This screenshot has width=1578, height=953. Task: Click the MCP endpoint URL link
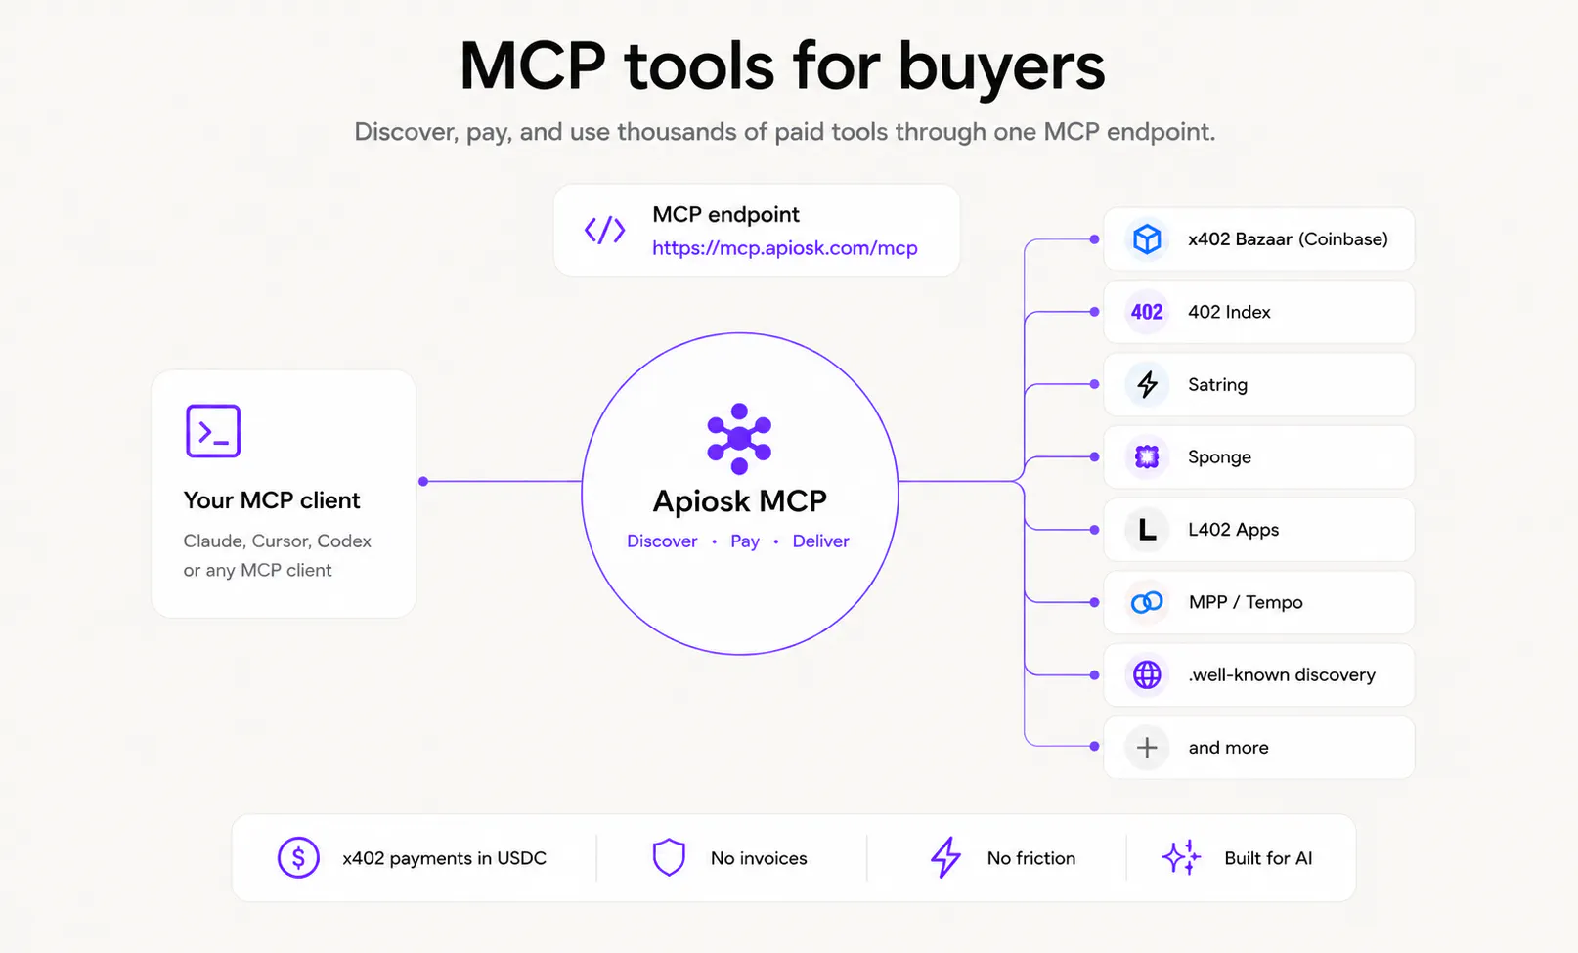(785, 248)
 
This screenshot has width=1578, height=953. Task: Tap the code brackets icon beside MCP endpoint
(604, 231)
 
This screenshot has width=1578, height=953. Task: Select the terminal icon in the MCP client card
(213, 430)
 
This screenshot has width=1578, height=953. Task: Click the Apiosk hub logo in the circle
(739, 438)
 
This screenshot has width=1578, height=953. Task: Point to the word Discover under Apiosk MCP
(662, 541)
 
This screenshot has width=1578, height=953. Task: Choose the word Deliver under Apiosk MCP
(820, 541)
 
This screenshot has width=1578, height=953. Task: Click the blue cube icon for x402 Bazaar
(1147, 238)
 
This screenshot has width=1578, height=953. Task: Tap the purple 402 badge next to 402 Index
(1147, 312)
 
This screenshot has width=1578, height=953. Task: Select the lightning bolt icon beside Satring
(1148, 384)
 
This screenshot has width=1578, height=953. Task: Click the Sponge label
(1219, 457)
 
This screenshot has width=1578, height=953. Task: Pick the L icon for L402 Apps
(1147, 530)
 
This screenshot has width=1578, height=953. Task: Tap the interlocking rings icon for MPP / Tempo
(1147, 602)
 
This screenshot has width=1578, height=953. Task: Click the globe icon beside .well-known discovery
(1147, 674)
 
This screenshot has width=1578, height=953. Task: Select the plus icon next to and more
(1147, 748)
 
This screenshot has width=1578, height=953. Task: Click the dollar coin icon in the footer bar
(298, 857)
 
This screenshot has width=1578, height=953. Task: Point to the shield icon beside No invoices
(669, 857)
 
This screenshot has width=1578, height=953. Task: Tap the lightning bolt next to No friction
(945, 857)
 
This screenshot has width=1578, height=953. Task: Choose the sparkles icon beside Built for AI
(1181, 857)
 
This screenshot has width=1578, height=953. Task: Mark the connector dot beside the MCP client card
(423, 481)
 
